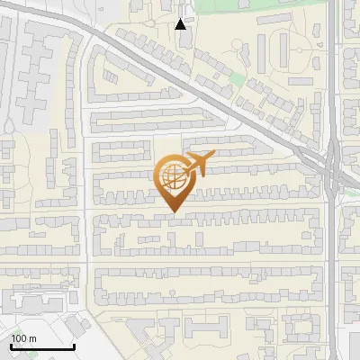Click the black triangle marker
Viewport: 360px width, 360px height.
point(181,24)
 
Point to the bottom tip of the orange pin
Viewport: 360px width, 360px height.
point(173,212)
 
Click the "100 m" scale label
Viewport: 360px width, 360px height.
point(23,338)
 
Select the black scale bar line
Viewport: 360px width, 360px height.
point(41,346)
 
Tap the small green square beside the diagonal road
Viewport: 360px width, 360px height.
point(236,79)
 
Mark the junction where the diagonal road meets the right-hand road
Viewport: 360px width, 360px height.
point(331,166)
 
